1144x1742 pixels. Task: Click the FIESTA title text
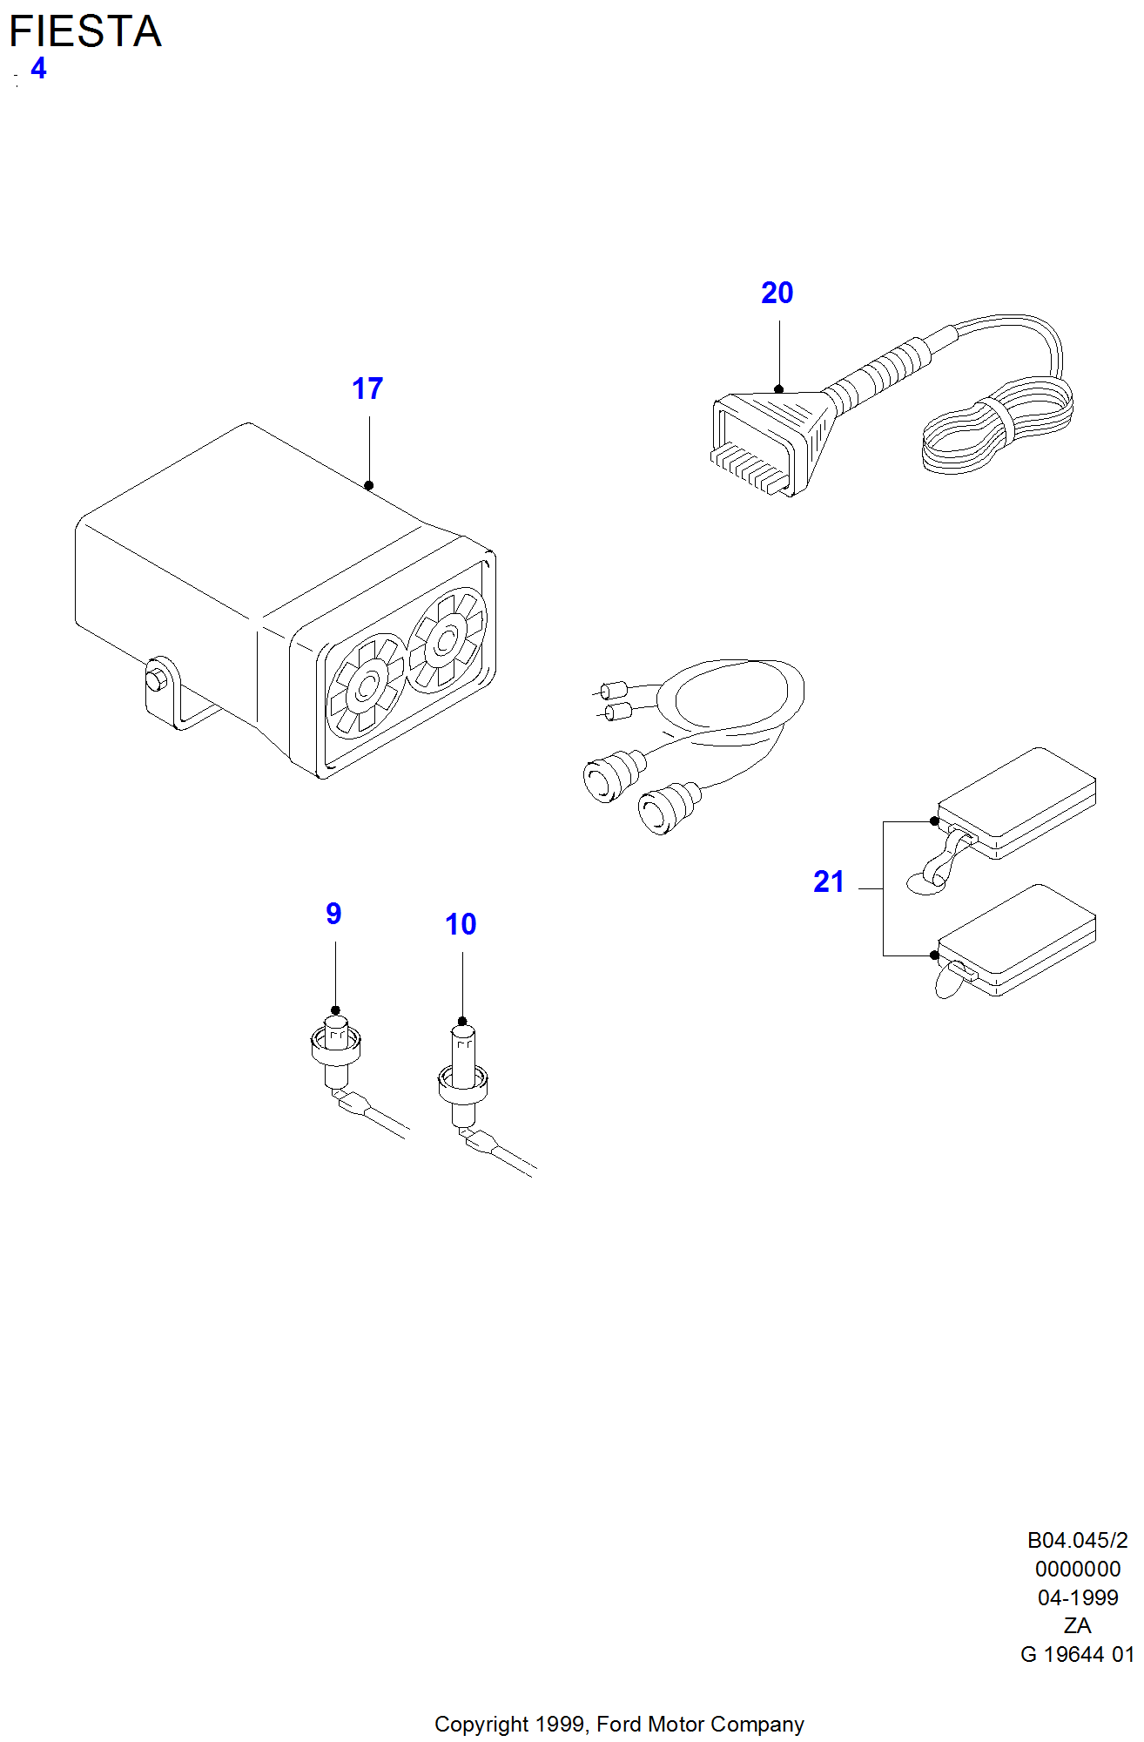(x=85, y=31)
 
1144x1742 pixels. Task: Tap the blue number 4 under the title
(x=38, y=68)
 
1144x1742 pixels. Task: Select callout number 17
(x=367, y=388)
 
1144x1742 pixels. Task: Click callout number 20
(x=777, y=293)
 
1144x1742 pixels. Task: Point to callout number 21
(x=829, y=881)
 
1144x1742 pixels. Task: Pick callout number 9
(x=333, y=914)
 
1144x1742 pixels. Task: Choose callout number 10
(x=461, y=924)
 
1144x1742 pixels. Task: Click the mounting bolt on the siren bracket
(x=157, y=678)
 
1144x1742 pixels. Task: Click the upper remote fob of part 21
(x=1017, y=803)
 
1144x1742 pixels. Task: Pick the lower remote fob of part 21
(x=1017, y=941)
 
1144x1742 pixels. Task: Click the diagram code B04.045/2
(x=1078, y=1541)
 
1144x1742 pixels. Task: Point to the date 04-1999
(x=1078, y=1597)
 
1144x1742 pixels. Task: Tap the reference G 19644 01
(x=1078, y=1654)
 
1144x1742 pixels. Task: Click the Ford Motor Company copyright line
(x=619, y=1725)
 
